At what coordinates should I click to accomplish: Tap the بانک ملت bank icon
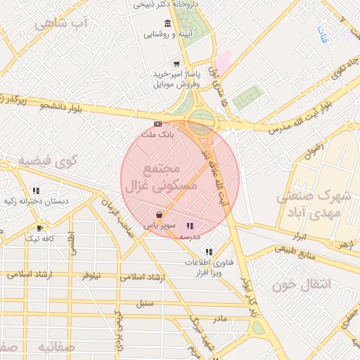point(157,124)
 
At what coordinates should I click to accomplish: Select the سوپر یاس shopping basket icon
point(160,214)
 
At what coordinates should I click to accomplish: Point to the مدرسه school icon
point(190,226)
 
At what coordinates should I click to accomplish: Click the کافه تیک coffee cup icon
point(39,228)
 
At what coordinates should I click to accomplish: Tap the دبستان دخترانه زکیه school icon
point(35,190)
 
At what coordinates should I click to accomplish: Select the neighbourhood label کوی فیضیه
point(47,162)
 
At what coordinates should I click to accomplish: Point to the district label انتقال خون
point(296,285)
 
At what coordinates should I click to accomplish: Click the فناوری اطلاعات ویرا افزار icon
point(208,251)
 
